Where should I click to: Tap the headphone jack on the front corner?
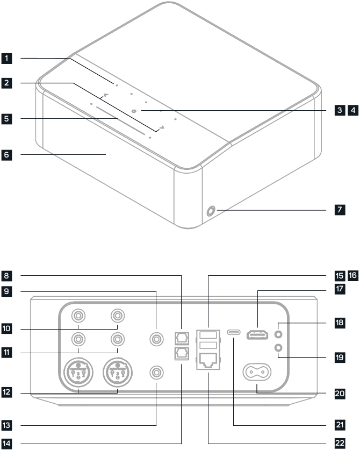coord(210,211)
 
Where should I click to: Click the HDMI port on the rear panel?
coord(257,335)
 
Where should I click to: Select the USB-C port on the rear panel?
coord(234,332)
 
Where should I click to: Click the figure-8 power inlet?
coord(257,372)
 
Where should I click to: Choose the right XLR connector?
coord(118,372)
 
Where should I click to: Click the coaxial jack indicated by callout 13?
coord(156,372)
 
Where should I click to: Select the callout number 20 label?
coord(339,394)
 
